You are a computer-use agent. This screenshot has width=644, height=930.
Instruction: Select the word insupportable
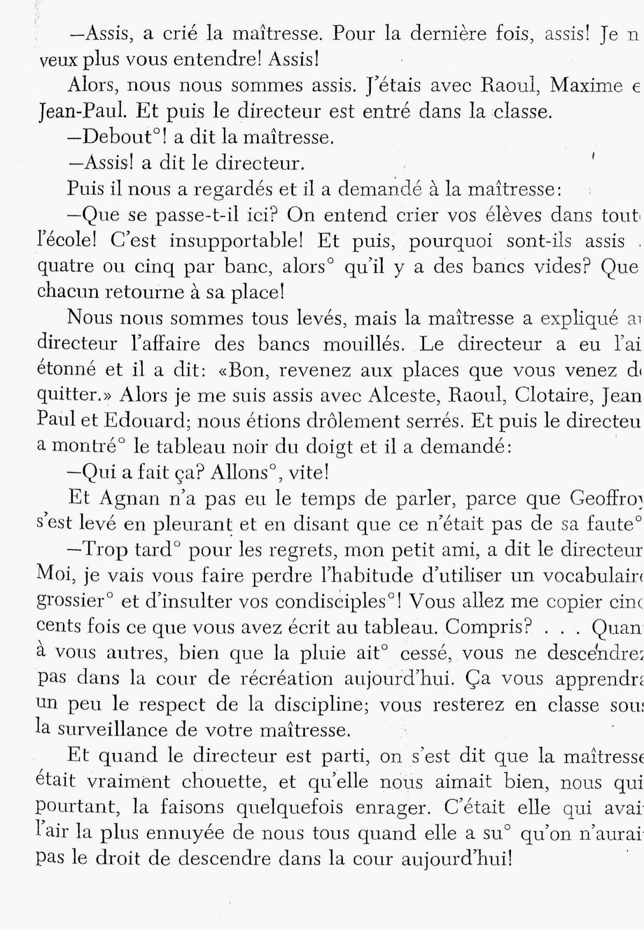238,241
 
